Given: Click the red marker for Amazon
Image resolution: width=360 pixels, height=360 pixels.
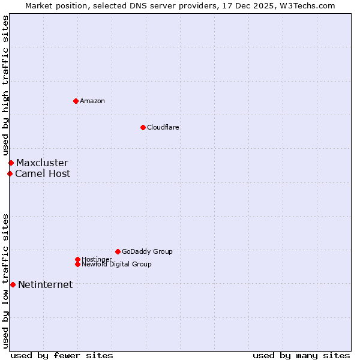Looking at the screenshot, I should (76, 101).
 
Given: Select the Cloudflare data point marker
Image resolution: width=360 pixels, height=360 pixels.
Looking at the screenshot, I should (143, 127).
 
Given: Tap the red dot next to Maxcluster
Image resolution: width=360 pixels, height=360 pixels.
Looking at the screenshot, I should (11, 163).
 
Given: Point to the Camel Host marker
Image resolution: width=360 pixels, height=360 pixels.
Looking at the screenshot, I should (10, 173).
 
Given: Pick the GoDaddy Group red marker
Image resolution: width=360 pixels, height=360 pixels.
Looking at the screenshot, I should (118, 251).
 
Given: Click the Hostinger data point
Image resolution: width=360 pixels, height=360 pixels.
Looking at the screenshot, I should (77, 259).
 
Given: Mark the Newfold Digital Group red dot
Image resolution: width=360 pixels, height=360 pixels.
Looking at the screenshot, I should (77, 264).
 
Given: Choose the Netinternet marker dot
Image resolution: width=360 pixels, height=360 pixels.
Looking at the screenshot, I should (13, 284).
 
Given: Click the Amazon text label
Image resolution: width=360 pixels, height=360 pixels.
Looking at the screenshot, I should (92, 101).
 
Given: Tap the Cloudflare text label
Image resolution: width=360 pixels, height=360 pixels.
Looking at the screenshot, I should (163, 127).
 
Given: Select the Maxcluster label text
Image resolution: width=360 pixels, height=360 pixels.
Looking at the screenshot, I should (42, 163).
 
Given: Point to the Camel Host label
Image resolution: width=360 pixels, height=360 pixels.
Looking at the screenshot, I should (43, 173).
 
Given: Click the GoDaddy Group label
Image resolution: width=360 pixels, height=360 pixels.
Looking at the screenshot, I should (147, 251).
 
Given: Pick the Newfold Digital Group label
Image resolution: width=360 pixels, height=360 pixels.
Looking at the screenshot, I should (117, 265).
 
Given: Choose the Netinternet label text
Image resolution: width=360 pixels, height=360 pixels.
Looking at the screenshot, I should (46, 284).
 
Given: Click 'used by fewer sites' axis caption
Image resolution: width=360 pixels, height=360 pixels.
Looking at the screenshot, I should (62, 355).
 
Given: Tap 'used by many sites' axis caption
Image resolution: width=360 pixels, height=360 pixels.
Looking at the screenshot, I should (301, 355).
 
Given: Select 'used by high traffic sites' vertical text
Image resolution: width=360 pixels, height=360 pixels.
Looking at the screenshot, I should (5, 85).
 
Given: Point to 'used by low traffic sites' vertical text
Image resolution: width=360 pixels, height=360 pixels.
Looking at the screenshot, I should (5, 280).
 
